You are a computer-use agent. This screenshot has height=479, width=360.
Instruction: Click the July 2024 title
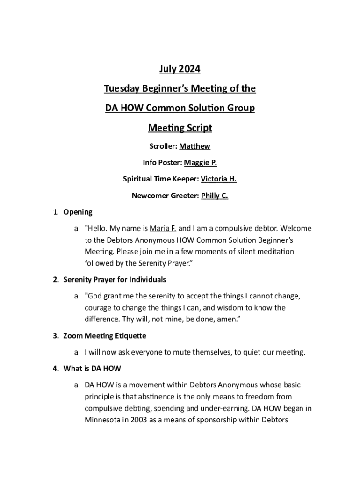pyautogui.click(x=180, y=69)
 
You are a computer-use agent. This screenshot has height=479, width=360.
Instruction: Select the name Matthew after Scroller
pyautogui.click(x=198, y=146)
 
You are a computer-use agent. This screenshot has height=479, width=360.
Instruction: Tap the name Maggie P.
pyautogui.click(x=201, y=163)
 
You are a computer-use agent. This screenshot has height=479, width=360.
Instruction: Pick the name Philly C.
pyautogui.click(x=215, y=196)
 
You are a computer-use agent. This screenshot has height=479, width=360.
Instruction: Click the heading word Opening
pyautogui.click(x=78, y=212)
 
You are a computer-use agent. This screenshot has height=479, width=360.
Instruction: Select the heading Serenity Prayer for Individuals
pyautogui.click(x=115, y=280)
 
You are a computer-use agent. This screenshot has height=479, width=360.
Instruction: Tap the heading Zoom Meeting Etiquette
pyautogui.click(x=105, y=336)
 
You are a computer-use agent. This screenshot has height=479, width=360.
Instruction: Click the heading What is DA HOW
pyautogui.click(x=92, y=369)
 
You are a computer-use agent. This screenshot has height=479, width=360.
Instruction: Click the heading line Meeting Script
pyautogui.click(x=180, y=128)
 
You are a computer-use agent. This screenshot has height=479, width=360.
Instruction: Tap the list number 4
pyautogui.click(x=55, y=369)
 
